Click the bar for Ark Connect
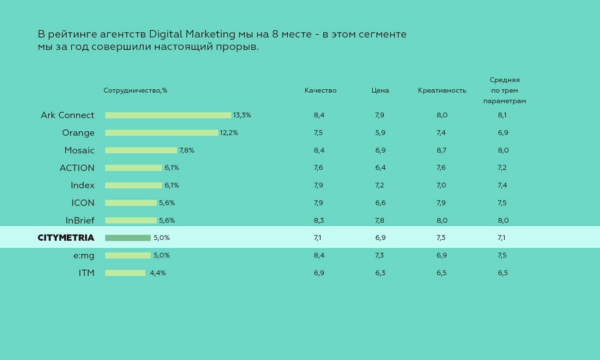[168, 115]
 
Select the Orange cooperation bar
[161, 133]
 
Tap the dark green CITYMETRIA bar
[128, 237]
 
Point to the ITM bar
[125, 273]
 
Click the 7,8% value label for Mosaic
[187, 151]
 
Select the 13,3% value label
[242, 115]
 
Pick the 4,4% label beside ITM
[157, 273]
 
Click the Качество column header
[321, 91]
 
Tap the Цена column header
[380, 91]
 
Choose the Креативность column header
[442, 91]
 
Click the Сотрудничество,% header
[135, 91]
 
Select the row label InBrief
[80, 220]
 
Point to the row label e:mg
[84, 255]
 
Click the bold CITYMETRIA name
[66, 237]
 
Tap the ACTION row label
[77, 168]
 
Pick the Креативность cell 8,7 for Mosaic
[442, 151]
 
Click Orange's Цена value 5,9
[380, 133]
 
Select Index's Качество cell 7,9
[319, 185]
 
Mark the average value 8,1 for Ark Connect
[503, 115]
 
